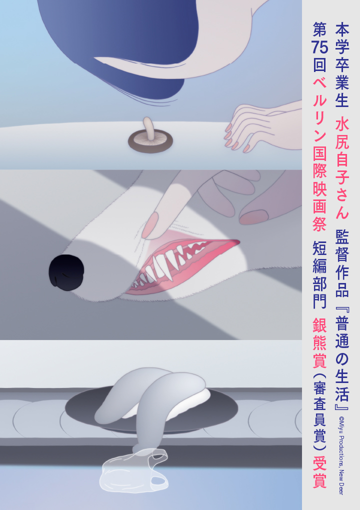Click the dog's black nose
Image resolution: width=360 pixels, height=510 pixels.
click(x=66, y=272)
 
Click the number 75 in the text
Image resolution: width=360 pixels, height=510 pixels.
click(x=319, y=47)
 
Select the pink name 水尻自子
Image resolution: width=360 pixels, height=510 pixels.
click(x=342, y=152)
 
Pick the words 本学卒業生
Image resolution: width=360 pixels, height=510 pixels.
click(x=342, y=65)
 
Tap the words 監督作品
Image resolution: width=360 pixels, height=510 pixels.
click(x=342, y=263)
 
